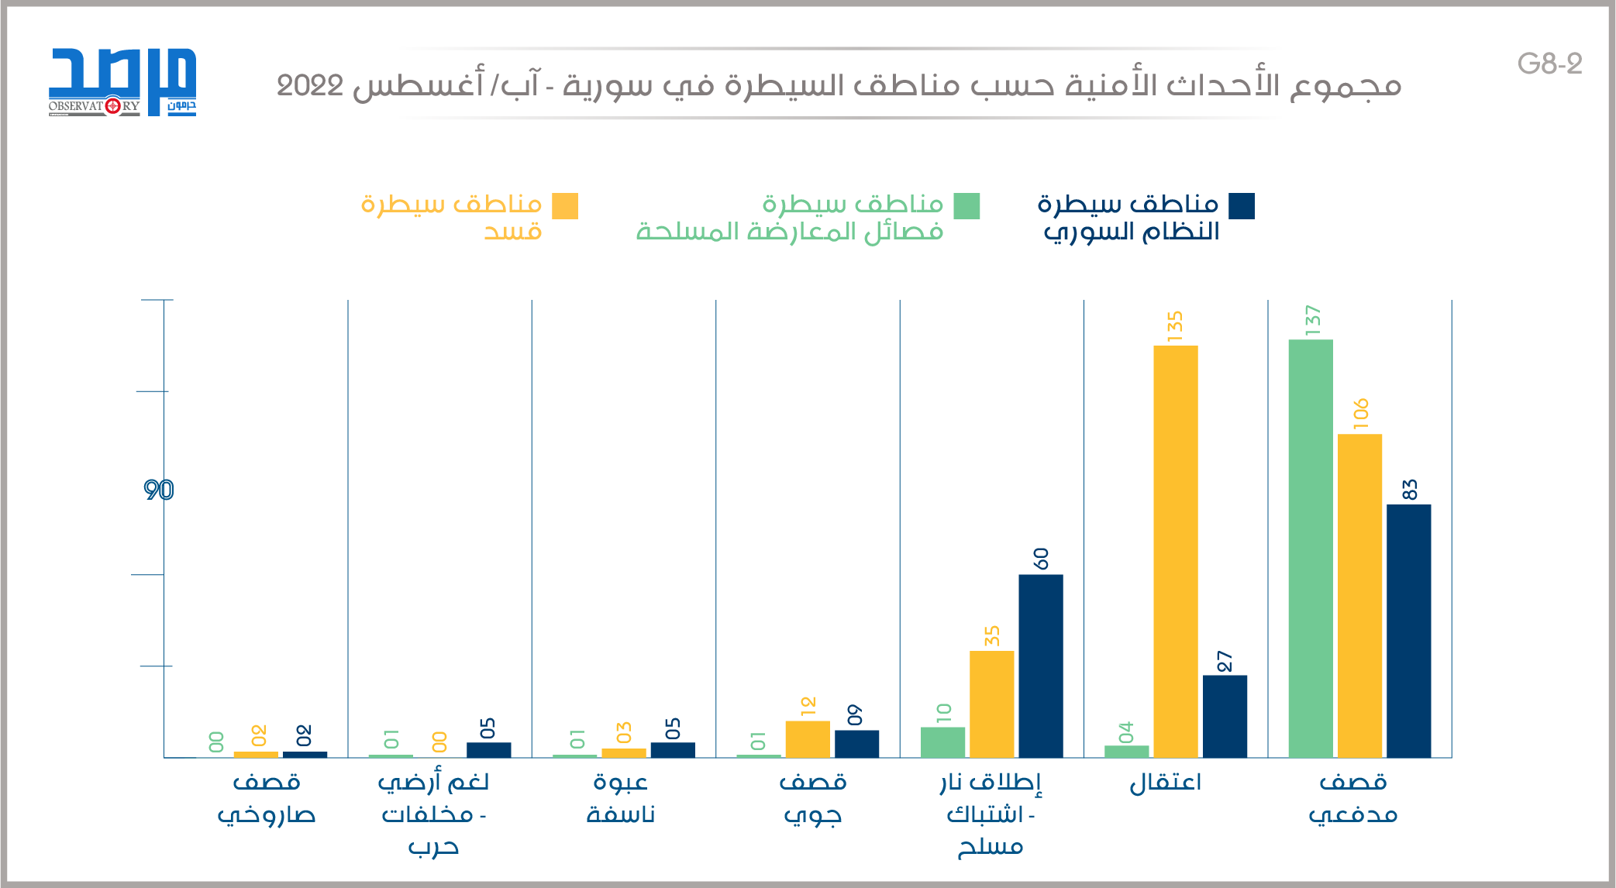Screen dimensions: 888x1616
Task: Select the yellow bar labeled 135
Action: click(x=1175, y=551)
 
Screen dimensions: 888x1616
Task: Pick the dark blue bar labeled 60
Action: click(x=1040, y=666)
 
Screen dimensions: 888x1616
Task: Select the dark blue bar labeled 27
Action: click(x=1225, y=716)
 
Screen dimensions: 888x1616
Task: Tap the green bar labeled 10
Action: click(x=942, y=742)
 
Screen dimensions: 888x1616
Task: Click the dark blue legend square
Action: click(x=1242, y=206)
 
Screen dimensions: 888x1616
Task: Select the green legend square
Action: click(x=966, y=206)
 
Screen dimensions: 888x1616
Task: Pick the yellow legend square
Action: click(x=565, y=206)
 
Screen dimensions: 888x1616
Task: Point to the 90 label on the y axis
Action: click(x=159, y=490)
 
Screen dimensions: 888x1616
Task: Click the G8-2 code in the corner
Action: click(x=1549, y=64)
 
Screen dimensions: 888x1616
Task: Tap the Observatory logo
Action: click(x=122, y=82)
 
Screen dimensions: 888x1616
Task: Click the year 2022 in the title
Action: click(x=310, y=86)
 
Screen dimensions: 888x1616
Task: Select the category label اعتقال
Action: click(x=1166, y=783)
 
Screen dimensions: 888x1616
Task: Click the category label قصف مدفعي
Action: click(x=1353, y=798)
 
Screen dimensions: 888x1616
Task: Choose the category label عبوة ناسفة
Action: click(x=621, y=798)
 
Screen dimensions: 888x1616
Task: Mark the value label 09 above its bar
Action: click(x=854, y=714)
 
